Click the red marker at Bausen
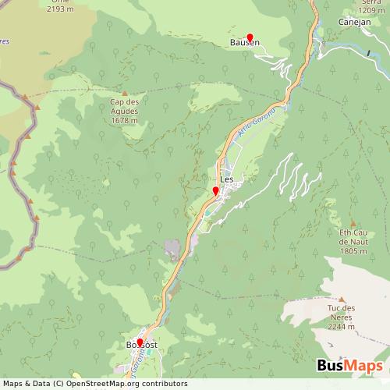250,36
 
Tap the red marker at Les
215,190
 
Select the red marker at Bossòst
140,342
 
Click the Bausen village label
244,44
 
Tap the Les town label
227,179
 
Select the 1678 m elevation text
125,120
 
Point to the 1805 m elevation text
353,250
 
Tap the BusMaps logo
349,366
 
